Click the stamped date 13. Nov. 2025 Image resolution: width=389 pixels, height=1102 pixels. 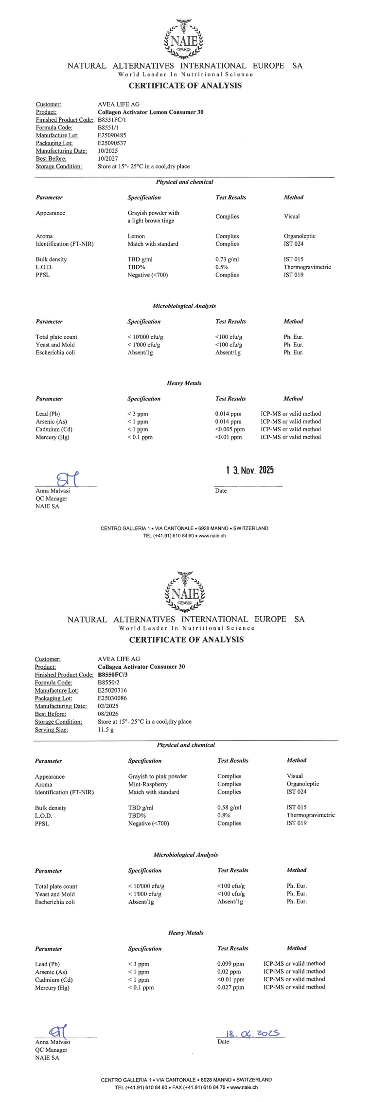point(250,470)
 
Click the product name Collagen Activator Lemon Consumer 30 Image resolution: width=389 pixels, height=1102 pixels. point(150,112)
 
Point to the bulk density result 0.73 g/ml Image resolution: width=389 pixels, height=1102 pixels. point(227,259)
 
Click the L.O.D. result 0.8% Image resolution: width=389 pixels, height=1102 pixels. point(224,815)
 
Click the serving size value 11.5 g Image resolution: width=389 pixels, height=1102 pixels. point(106,730)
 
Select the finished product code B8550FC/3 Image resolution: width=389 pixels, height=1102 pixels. point(112,675)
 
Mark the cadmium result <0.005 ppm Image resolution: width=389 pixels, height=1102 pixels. point(230,429)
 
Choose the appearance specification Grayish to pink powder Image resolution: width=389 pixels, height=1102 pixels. point(158,776)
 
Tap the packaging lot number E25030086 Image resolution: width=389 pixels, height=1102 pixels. point(112,698)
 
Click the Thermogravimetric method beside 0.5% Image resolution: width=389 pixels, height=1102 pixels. point(307,267)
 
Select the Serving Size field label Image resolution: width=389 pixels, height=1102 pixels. point(51,730)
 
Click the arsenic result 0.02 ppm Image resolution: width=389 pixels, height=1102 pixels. point(229,972)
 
